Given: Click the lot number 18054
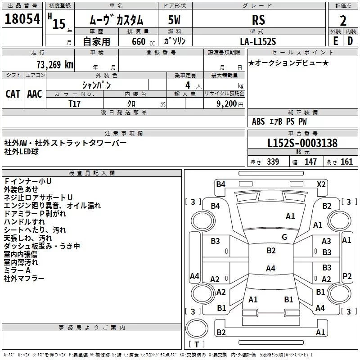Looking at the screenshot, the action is [22, 19].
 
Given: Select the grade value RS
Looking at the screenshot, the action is [258, 20].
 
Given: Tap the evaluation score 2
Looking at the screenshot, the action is [343, 21].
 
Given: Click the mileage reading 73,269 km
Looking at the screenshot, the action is [54, 64].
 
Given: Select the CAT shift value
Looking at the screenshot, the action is [13, 94].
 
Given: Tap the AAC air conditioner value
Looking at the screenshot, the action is [35, 94].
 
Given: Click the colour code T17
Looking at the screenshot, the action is [74, 103].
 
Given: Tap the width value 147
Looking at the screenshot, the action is [310, 162].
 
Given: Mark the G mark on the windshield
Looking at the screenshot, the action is [284, 237].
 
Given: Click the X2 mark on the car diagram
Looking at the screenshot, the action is [321, 184].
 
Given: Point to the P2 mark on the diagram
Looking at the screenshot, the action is [347, 276].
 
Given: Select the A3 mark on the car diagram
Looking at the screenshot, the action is [326, 242].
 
